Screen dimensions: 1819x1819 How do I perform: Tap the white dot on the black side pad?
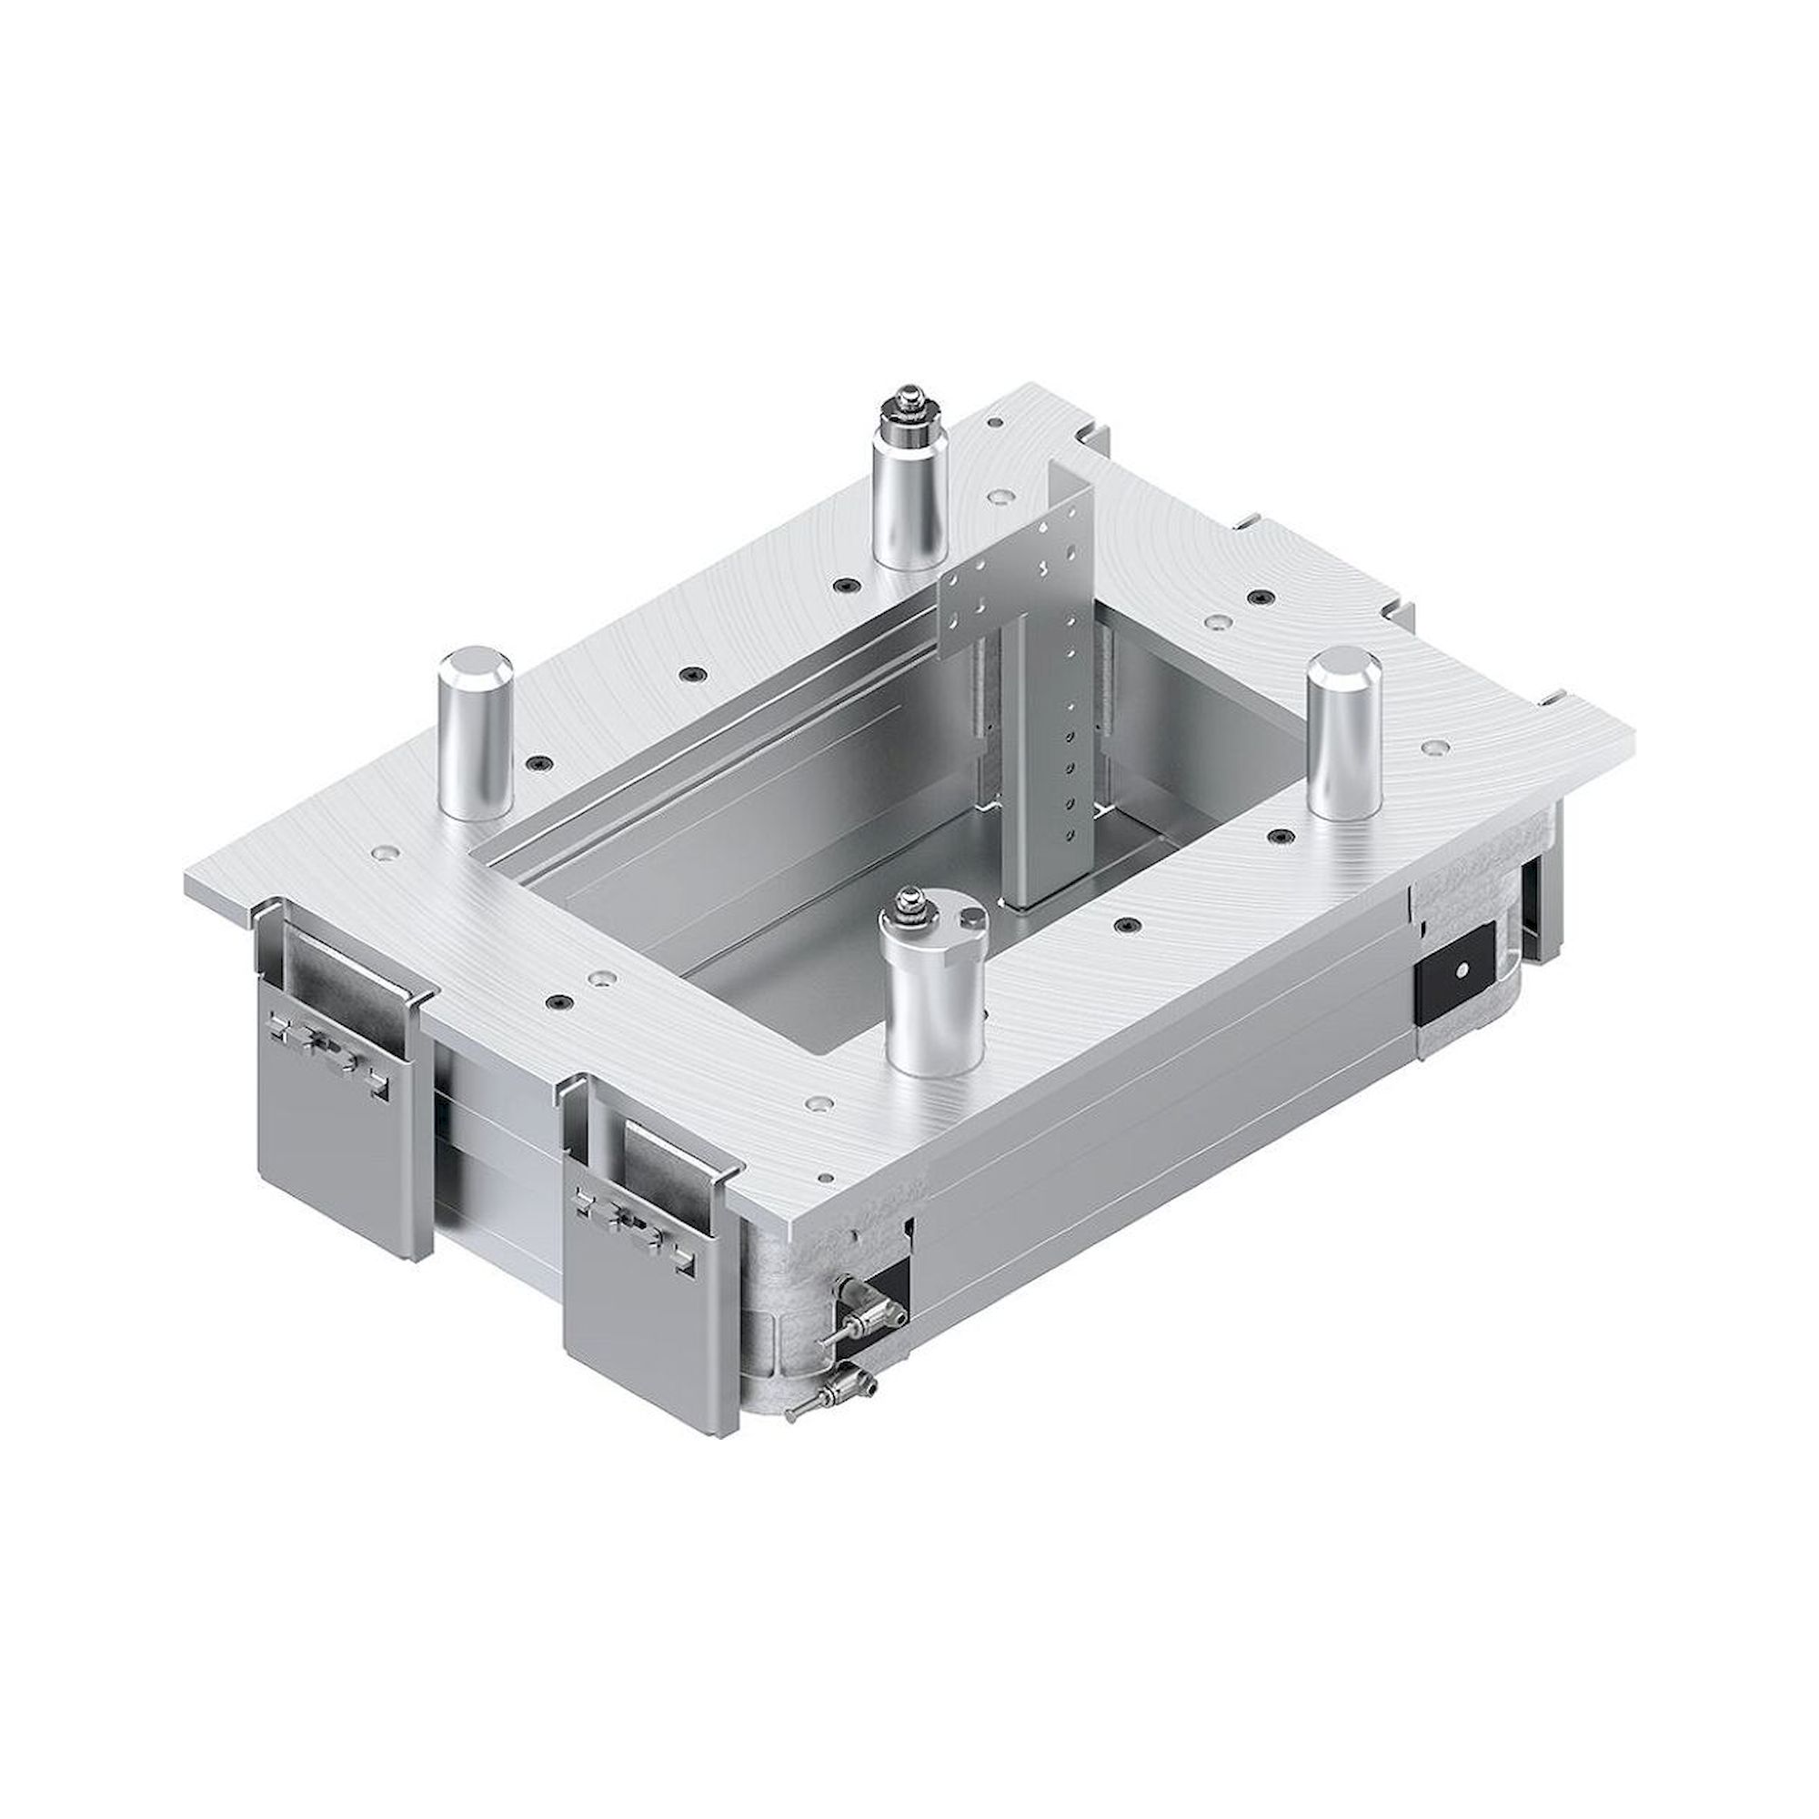click(x=1462, y=969)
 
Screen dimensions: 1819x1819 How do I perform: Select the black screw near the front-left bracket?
click(x=559, y=1000)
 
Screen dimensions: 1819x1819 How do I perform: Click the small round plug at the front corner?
click(x=827, y=1177)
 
